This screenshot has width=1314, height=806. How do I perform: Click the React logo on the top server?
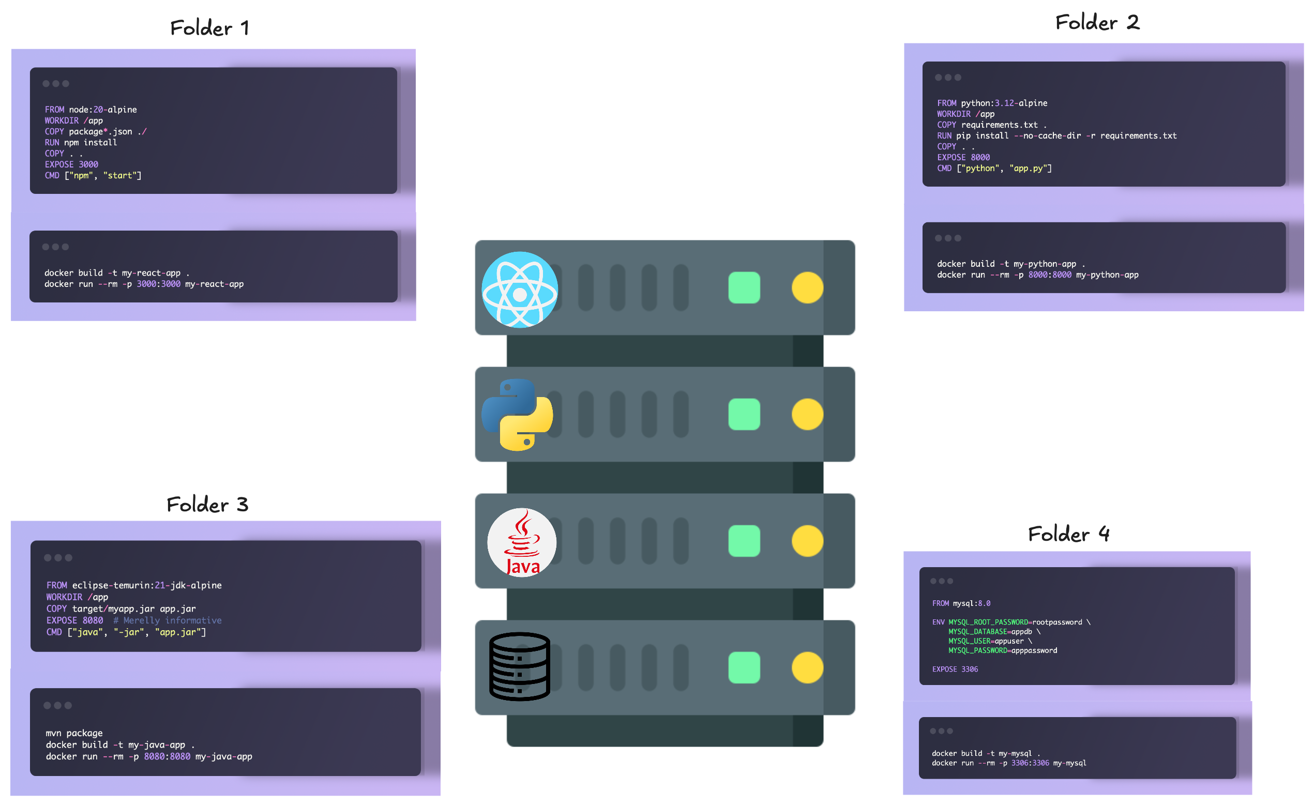[x=519, y=290]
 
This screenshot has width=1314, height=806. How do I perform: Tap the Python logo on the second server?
[x=517, y=414]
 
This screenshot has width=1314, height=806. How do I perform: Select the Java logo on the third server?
[x=522, y=542]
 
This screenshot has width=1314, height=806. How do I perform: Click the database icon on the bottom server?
[x=519, y=666]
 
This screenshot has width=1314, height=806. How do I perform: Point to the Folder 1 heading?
[x=209, y=28]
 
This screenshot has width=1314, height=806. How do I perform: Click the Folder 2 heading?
[x=1097, y=22]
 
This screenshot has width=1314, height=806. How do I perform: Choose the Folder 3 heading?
[x=207, y=504]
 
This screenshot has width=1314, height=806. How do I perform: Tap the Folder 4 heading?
[x=1068, y=534]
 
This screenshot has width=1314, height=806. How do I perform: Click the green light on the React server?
[x=744, y=287]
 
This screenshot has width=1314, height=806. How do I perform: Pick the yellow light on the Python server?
[x=807, y=414]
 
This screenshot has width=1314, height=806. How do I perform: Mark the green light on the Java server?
[x=744, y=541]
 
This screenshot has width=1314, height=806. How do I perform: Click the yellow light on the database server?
[x=807, y=667]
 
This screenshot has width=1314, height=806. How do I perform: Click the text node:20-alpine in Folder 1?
[x=103, y=110]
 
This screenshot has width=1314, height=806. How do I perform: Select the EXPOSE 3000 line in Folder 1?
[x=71, y=165]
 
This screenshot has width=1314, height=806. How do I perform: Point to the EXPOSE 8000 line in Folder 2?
[x=963, y=157]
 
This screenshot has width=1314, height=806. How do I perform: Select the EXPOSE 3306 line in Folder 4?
[x=955, y=669]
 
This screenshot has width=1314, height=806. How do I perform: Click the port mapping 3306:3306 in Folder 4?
[x=1030, y=763]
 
